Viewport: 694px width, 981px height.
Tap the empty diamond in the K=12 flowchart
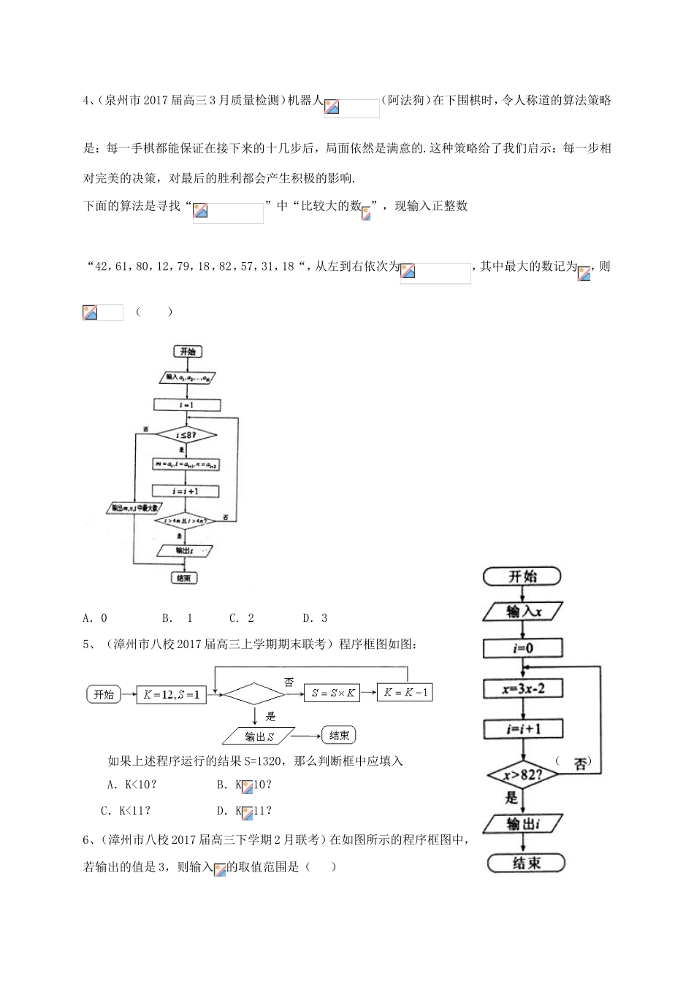(253, 693)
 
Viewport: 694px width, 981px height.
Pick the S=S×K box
(332, 693)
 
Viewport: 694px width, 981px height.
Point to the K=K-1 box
(405, 692)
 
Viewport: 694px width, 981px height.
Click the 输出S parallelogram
(259, 736)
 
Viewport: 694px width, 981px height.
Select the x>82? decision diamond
(524, 774)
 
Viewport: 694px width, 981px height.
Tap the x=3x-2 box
(523, 688)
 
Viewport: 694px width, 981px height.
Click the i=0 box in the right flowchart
(523, 648)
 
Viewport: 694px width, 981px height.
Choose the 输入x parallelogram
(524, 612)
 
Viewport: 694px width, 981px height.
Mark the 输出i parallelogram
(523, 823)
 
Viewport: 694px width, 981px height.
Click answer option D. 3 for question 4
(316, 618)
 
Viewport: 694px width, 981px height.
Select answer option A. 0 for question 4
(95, 618)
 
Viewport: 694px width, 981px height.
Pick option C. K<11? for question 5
(125, 810)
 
